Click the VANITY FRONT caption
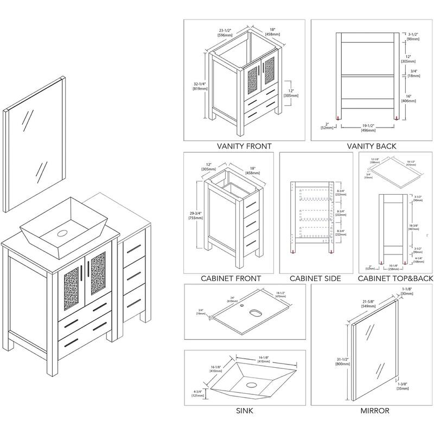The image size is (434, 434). (x=244, y=146)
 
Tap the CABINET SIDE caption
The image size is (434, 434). (x=315, y=278)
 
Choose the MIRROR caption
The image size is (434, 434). (x=375, y=411)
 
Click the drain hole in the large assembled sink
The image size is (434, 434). (x=61, y=236)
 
